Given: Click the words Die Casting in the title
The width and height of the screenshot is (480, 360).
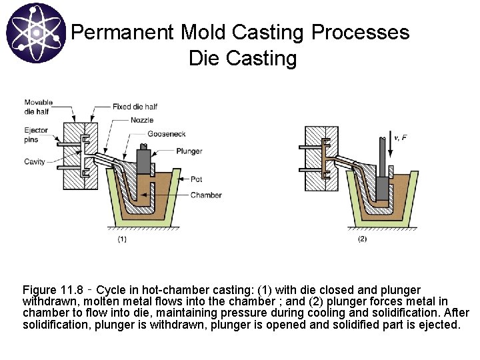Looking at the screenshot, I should (x=243, y=59).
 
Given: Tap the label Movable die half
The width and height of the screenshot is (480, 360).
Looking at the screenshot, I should (x=37, y=107).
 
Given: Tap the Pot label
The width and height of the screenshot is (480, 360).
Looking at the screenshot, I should (x=197, y=179).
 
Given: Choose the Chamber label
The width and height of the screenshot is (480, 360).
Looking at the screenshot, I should (x=206, y=195).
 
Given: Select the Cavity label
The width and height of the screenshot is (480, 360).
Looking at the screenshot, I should (x=34, y=161).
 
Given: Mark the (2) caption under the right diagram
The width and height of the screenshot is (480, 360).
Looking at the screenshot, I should (x=362, y=238).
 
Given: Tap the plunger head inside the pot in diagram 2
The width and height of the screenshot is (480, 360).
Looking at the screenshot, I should (x=382, y=189).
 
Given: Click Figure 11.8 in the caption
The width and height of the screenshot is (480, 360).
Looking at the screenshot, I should (x=52, y=290).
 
